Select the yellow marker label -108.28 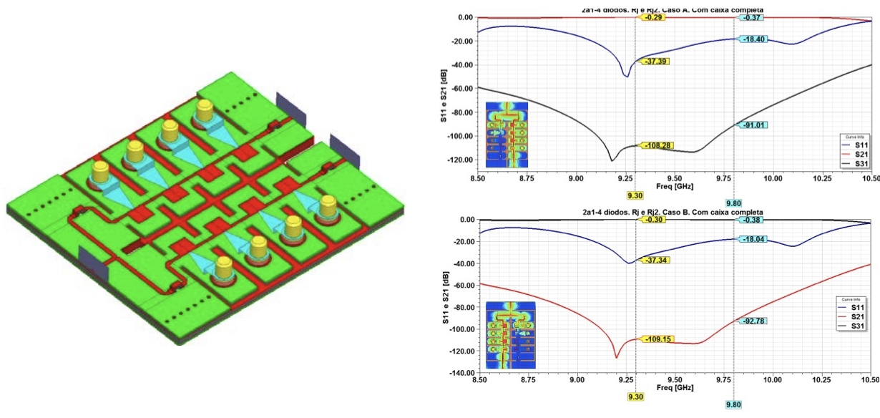(x=655, y=146)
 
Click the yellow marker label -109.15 (x=655, y=339)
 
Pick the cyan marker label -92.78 (x=754, y=321)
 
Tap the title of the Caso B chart (x=673, y=213)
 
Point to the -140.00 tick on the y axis (x=461, y=373)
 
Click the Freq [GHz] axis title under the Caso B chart (x=674, y=387)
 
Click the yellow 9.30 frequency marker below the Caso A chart (x=635, y=195)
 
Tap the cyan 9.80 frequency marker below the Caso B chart (x=734, y=404)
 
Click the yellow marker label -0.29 (x=653, y=17)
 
